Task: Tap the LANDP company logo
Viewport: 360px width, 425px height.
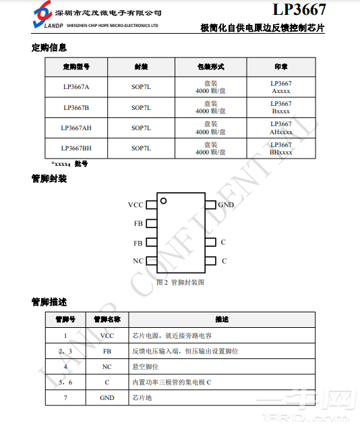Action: pos(43,16)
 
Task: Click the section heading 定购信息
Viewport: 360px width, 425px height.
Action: pos(49,48)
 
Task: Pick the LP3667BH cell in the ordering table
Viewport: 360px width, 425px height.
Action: pos(76,148)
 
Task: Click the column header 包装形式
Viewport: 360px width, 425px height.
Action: pos(210,67)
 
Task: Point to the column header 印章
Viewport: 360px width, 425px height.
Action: pos(281,67)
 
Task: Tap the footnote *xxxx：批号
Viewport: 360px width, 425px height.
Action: pos(69,164)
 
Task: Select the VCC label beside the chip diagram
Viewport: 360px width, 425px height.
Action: pos(136,204)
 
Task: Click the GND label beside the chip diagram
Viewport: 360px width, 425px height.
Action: pos(226,204)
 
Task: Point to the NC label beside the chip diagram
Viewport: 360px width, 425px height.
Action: pos(138,261)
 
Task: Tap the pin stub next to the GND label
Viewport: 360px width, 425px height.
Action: pos(211,204)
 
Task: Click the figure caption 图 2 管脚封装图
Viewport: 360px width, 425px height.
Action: pos(180,282)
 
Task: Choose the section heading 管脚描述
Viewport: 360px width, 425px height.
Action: pos(49,302)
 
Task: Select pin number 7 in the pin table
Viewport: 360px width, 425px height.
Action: pos(65,398)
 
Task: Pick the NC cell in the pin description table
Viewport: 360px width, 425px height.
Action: pos(107,367)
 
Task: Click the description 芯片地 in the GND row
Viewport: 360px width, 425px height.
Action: pos(142,398)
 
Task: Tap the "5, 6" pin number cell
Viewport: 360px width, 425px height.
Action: pos(65,382)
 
